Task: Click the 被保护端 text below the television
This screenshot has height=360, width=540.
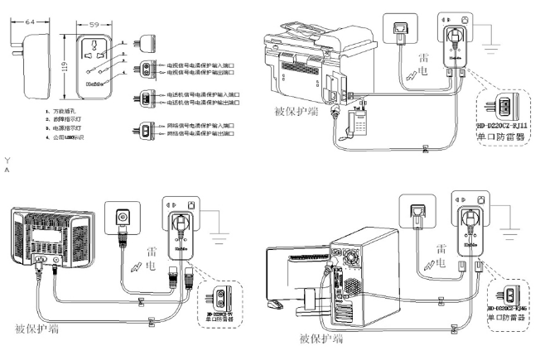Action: tap(37, 329)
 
